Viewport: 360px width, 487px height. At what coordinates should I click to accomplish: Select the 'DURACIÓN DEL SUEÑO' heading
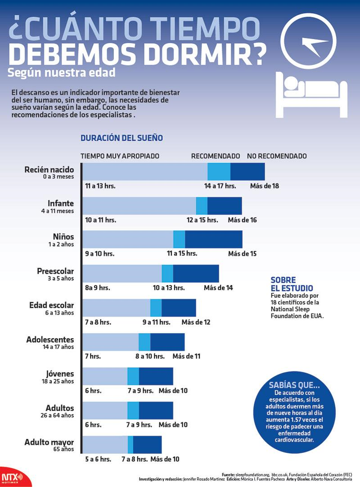(121, 138)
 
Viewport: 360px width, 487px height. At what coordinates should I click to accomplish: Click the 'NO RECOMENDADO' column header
(277, 156)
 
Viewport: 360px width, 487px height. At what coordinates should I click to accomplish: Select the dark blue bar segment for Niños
(213, 239)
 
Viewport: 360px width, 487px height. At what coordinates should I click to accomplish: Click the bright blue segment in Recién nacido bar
(219, 171)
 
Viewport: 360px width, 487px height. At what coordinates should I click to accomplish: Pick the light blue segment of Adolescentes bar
(111, 342)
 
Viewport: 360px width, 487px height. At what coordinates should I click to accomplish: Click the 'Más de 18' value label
(265, 186)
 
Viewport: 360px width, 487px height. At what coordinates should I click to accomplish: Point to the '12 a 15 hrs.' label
(202, 220)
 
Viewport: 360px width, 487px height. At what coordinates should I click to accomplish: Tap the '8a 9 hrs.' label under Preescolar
(98, 288)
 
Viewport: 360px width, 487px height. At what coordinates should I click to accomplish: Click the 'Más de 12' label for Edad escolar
(196, 322)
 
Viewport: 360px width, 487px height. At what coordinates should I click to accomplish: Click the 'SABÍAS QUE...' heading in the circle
(294, 385)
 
